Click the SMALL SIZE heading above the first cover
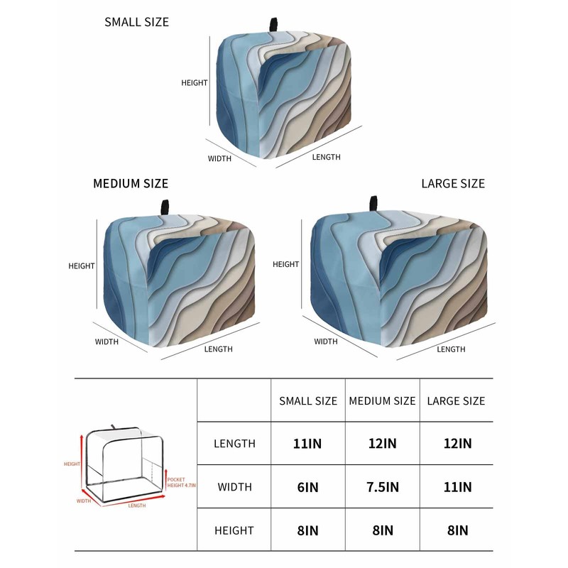(x=136, y=22)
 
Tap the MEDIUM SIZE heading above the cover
(x=131, y=184)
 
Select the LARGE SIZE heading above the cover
(x=453, y=183)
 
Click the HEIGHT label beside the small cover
(x=194, y=82)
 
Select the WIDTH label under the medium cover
(x=106, y=342)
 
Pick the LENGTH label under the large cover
(x=451, y=349)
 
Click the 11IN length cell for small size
(x=307, y=444)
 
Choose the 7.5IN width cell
(x=382, y=487)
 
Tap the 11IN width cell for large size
(x=456, y=487)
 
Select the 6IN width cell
(x=307, y=487)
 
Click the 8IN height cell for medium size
(x=382, y=530)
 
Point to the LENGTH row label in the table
(x=234, y=444)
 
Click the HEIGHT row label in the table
(x=234, y=530)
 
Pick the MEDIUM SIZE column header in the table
(x=382, y=400)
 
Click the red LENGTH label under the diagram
(x=137, y=506)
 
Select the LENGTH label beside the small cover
(x=326, y=157)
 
